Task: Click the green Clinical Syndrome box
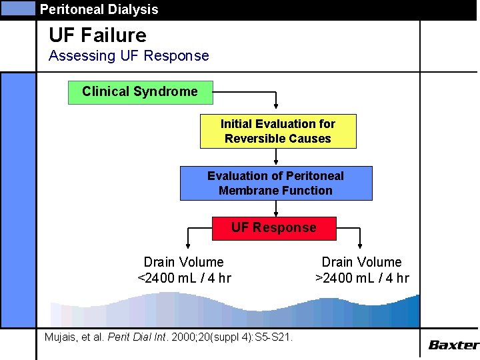point(141,92)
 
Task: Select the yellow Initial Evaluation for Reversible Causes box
point(278,131)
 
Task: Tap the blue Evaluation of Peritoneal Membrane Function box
point(275,183)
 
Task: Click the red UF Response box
point(274,228)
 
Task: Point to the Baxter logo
point(453,345)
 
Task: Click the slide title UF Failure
point(97,35)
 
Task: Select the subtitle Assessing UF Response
point(129,56)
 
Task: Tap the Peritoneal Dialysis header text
point(99,9)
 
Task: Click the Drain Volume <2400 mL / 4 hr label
point(184,270)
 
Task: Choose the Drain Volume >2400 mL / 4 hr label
point(362,270)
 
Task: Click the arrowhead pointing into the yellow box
point(276,109)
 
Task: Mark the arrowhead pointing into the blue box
point(276,161)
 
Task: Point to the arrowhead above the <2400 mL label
point(188,245)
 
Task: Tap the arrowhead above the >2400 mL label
point(361,245)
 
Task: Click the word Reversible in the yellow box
point(252,139)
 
